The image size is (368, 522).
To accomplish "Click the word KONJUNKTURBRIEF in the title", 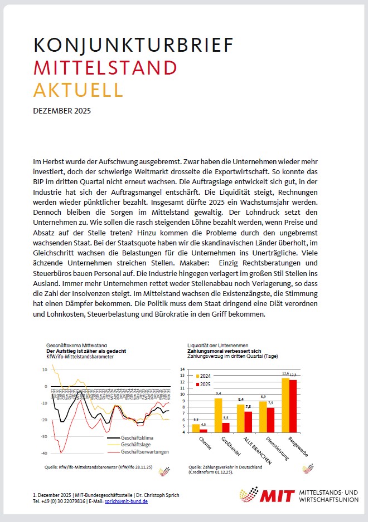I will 133,45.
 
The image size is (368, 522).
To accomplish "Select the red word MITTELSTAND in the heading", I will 105,67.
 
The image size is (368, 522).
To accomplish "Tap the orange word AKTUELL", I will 78,89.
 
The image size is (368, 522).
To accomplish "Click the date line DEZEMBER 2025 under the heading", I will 62,111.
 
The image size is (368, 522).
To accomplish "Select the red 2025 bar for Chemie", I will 203,430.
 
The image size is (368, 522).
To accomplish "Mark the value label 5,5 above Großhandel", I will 226,418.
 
